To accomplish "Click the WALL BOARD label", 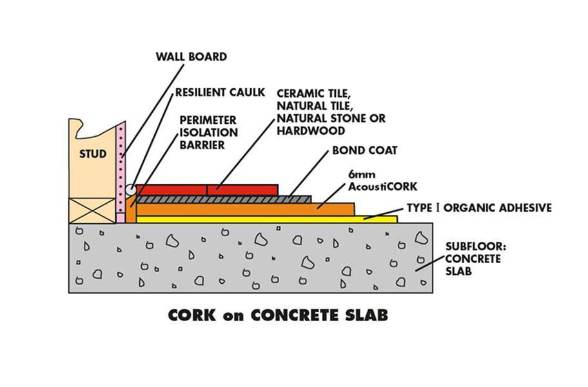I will click(191, 57).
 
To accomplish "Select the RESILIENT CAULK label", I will click(219, 92).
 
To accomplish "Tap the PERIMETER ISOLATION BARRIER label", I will click(208, 133).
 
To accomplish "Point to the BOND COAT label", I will click(364, 151).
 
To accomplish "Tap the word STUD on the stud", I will click(93, 154).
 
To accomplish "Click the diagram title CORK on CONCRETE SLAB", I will click(278, 316).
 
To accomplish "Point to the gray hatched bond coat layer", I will click(226, 199).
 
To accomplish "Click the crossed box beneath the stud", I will click(92, 210).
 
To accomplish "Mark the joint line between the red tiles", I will click(206, 190).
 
